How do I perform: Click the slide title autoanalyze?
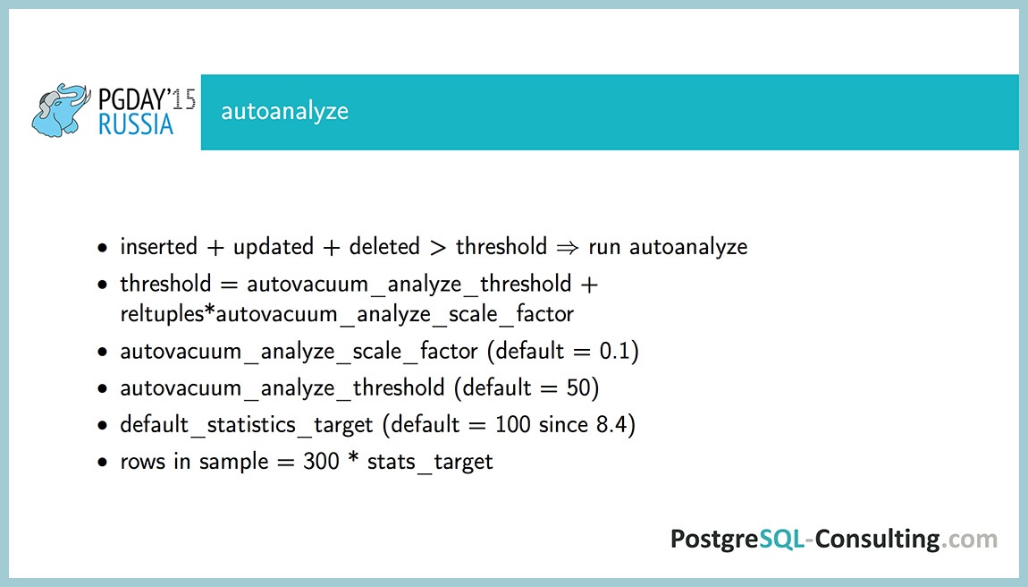(284, 112)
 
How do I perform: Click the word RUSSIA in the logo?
(136, 124)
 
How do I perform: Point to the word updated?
(273, 246)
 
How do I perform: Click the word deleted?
(385, 246)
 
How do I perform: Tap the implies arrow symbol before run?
(568, 247)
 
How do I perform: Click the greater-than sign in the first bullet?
(441, 247)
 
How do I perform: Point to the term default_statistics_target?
(247, 425)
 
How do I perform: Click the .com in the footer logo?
(970, 539)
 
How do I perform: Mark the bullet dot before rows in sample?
(105, 464)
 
